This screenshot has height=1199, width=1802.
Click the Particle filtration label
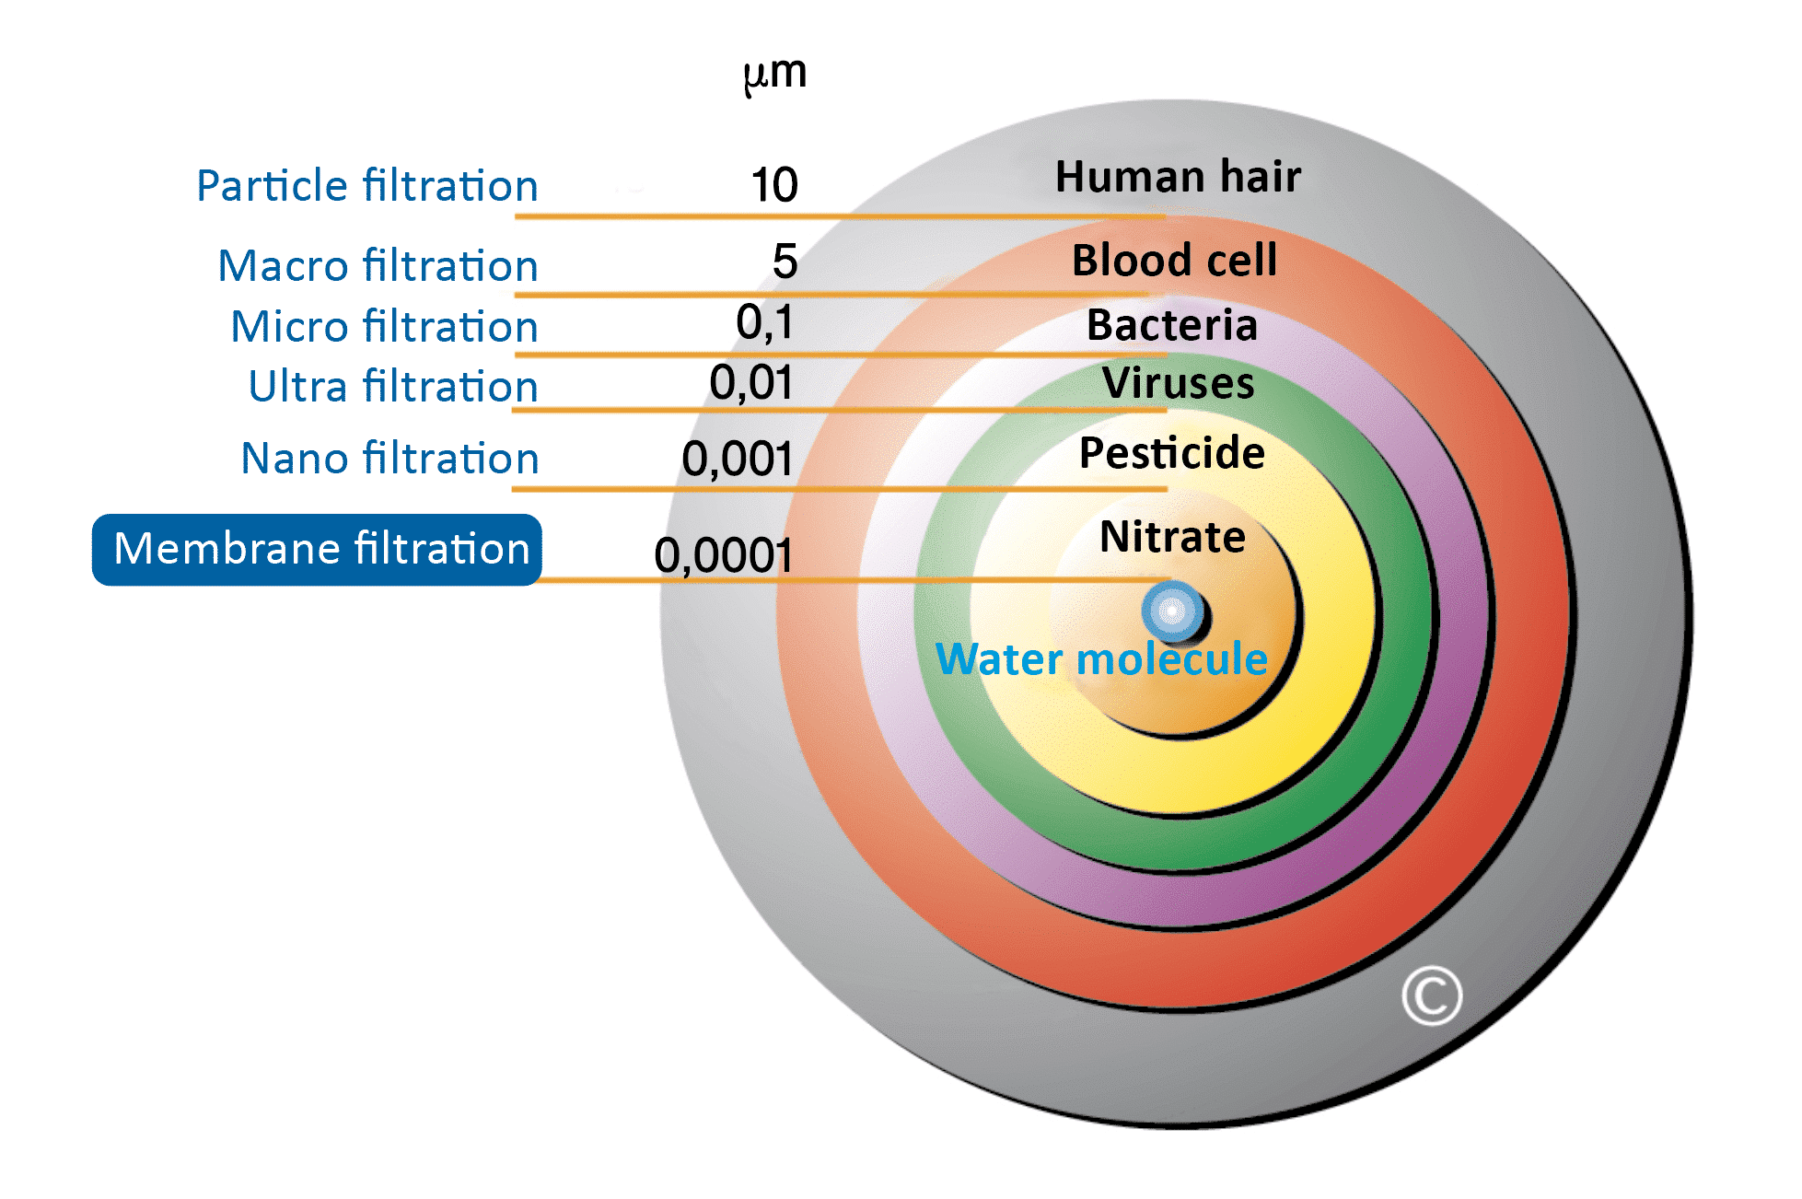tap(367, 185)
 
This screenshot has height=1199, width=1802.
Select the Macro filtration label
tap(378, 265)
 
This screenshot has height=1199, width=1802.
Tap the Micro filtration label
tap(385, 326)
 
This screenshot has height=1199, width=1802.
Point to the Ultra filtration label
tap(393, 385)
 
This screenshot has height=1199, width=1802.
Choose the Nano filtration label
tap(389, 458)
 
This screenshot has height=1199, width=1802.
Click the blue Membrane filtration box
tap(317, 550)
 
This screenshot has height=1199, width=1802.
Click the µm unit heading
tap(775, 74)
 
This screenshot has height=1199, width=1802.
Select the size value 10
tap(774, 185)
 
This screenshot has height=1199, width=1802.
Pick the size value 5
tap(785, 262)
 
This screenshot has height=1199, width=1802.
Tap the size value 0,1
tap(764, 322)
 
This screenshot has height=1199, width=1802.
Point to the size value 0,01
tap(751, 382)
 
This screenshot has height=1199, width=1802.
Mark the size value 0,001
tap(738, 459)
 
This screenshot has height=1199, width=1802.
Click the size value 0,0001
tap(724, 555)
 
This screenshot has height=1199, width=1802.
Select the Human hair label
tap(1178, 176)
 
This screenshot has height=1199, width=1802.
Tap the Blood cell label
tap(1175, 260)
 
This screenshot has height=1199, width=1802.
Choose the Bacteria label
tap(1172, 325)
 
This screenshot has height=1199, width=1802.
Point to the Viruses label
tap(1179, 382)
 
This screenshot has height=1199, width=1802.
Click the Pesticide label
tap(1172, 452)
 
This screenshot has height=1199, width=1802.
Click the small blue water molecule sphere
tap(1173, 611)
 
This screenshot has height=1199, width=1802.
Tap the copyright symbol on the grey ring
tap(1432, 995)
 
